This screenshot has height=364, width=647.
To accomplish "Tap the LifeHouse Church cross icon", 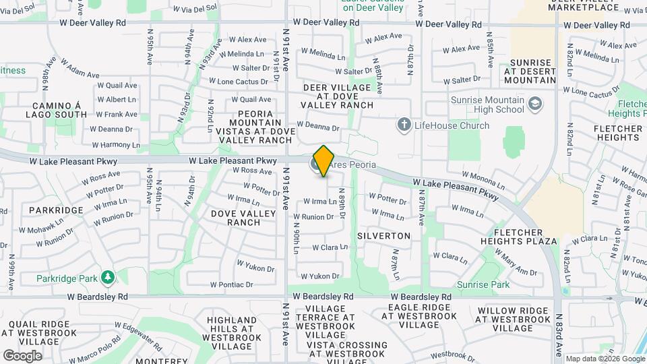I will tap(404, 124).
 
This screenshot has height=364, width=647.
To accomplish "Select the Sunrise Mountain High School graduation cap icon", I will tap(535, 104).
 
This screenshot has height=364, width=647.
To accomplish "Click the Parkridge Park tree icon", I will tap(107, 277).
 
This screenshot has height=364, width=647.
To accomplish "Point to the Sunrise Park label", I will tap(483, 284).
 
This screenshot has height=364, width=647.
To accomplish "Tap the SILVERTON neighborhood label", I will tap(383, 236).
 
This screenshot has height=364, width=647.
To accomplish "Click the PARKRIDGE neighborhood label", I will tap(56, 210).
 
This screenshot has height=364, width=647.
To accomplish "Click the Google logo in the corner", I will tap(22, 355).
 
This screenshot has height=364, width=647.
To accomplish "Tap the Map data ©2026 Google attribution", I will tap(605, 359).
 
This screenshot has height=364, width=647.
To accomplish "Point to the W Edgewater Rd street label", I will tap(138, 336).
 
